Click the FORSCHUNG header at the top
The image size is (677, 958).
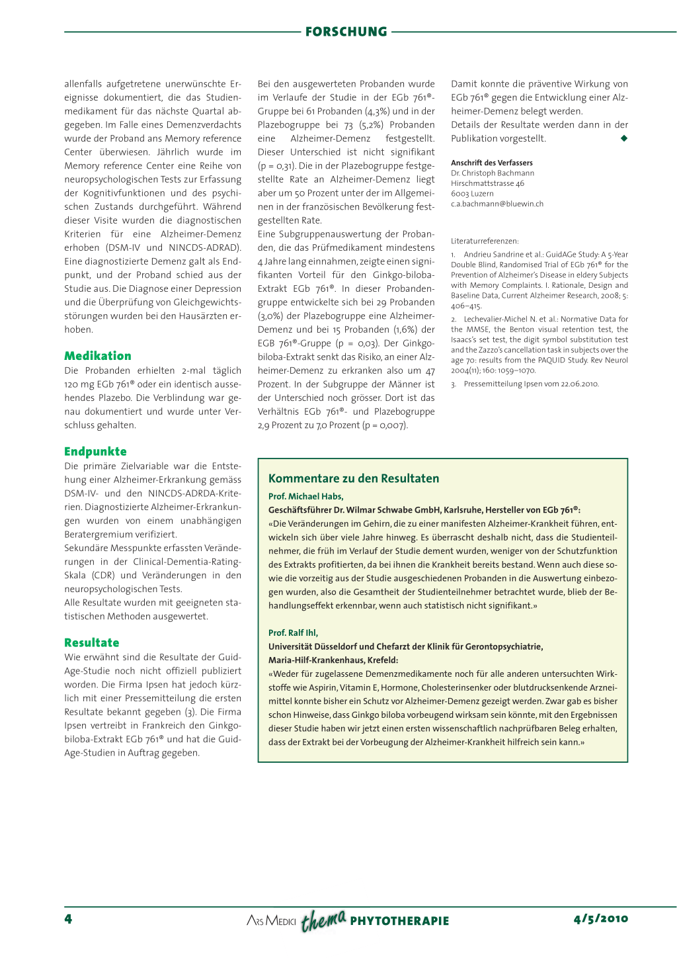(346, 32)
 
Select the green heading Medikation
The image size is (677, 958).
(98, 356)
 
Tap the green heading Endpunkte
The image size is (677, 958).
(95, 452)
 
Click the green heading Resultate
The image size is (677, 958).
(92, 643)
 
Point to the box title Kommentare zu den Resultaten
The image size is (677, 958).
(354, 478)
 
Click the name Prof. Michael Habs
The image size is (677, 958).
(305, 496)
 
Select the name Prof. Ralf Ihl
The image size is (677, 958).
(293, 633)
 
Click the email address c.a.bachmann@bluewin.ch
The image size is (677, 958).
(497, 204)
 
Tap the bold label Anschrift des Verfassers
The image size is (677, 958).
(492, 163)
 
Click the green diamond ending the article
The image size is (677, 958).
(623, 138)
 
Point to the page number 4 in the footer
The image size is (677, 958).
(68, 919)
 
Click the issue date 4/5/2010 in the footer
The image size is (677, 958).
(601, 919)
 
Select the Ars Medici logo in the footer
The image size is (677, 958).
(271, 920)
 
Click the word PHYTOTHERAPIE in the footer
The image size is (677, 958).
(399, 921)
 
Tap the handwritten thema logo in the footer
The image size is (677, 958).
(323, 920)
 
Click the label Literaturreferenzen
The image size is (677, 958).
(485, 241)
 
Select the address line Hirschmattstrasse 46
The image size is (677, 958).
(487, 183)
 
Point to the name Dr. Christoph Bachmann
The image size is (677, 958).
(493, 173)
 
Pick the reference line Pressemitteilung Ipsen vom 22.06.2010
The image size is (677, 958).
(531, 384)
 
